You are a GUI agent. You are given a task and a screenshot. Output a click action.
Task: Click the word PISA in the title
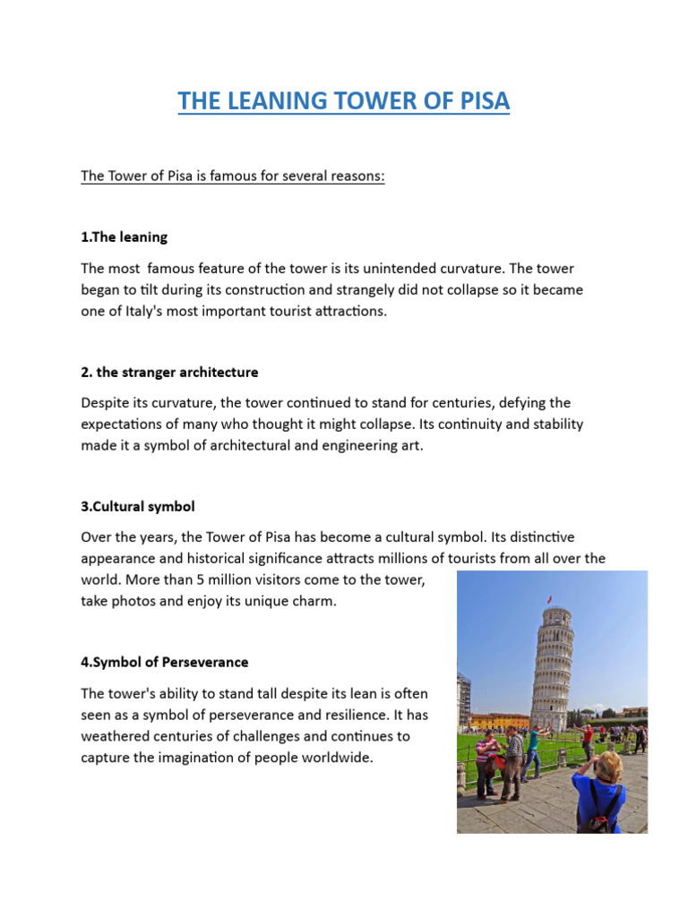[480, 101]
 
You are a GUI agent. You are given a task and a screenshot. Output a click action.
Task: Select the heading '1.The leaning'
[124, 237]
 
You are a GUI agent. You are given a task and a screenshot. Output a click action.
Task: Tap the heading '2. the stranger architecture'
[169, 372]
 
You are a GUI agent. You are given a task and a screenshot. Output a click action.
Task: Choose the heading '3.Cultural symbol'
[137, 506]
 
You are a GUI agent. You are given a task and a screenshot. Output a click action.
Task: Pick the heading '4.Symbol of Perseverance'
[164, 663]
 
